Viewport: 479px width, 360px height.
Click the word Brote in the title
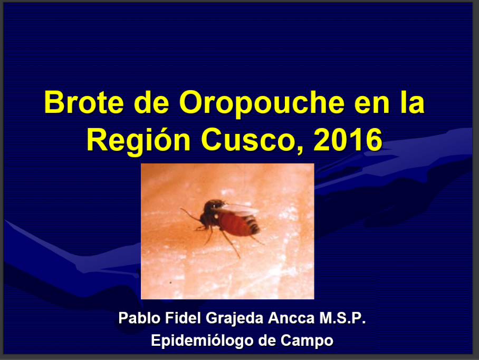84,102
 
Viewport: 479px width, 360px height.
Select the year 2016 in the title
348,139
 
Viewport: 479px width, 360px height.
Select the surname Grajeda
235,319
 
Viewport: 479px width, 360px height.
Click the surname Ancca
291,318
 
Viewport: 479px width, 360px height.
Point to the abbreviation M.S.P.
342,318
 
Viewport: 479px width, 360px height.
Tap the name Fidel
183,318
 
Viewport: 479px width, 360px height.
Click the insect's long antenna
190,215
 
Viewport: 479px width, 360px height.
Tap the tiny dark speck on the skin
170,283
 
